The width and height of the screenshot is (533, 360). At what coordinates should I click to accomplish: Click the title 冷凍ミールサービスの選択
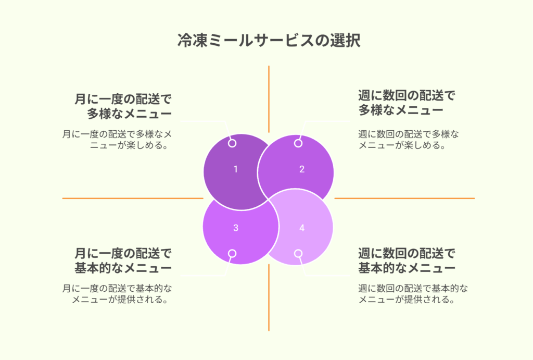[269, 41]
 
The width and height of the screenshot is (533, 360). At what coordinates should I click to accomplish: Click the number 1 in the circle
[236, 169]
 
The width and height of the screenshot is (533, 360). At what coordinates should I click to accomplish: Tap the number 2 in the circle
[302, 169]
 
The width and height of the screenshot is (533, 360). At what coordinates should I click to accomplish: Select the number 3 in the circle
[236, 228]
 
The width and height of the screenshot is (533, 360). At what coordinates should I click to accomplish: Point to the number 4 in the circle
[302, 228]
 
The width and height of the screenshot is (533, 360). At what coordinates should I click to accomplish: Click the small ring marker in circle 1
[232, 143]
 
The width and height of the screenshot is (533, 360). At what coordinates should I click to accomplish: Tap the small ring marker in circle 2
[298, 143]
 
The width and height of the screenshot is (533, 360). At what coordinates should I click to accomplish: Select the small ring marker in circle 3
[232, 254]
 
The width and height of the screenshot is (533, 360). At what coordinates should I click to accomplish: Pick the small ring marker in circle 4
[298, 254]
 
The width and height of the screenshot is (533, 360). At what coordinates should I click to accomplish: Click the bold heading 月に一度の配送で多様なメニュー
[123, 106]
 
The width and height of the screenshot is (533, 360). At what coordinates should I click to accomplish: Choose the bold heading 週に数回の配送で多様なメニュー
[407, 103]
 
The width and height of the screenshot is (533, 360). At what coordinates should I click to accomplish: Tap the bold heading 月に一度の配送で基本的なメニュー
[123, 260]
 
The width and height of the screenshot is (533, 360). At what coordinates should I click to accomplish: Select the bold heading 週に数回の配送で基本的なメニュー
[407, 260]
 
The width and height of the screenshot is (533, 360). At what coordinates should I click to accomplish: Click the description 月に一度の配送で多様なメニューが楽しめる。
[117, 140]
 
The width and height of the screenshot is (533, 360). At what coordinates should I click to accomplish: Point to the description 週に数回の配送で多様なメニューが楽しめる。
[409, 140]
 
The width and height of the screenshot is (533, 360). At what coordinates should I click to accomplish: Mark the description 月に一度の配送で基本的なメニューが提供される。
[117, 294]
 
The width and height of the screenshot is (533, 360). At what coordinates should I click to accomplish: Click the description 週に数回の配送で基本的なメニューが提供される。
[413, 294]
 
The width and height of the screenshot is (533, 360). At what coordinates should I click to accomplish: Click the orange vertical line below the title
[269, 99]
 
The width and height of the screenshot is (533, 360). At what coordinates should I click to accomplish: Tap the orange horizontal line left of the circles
[133, 198]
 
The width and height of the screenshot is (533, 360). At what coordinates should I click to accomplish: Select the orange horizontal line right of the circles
[404, 198]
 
